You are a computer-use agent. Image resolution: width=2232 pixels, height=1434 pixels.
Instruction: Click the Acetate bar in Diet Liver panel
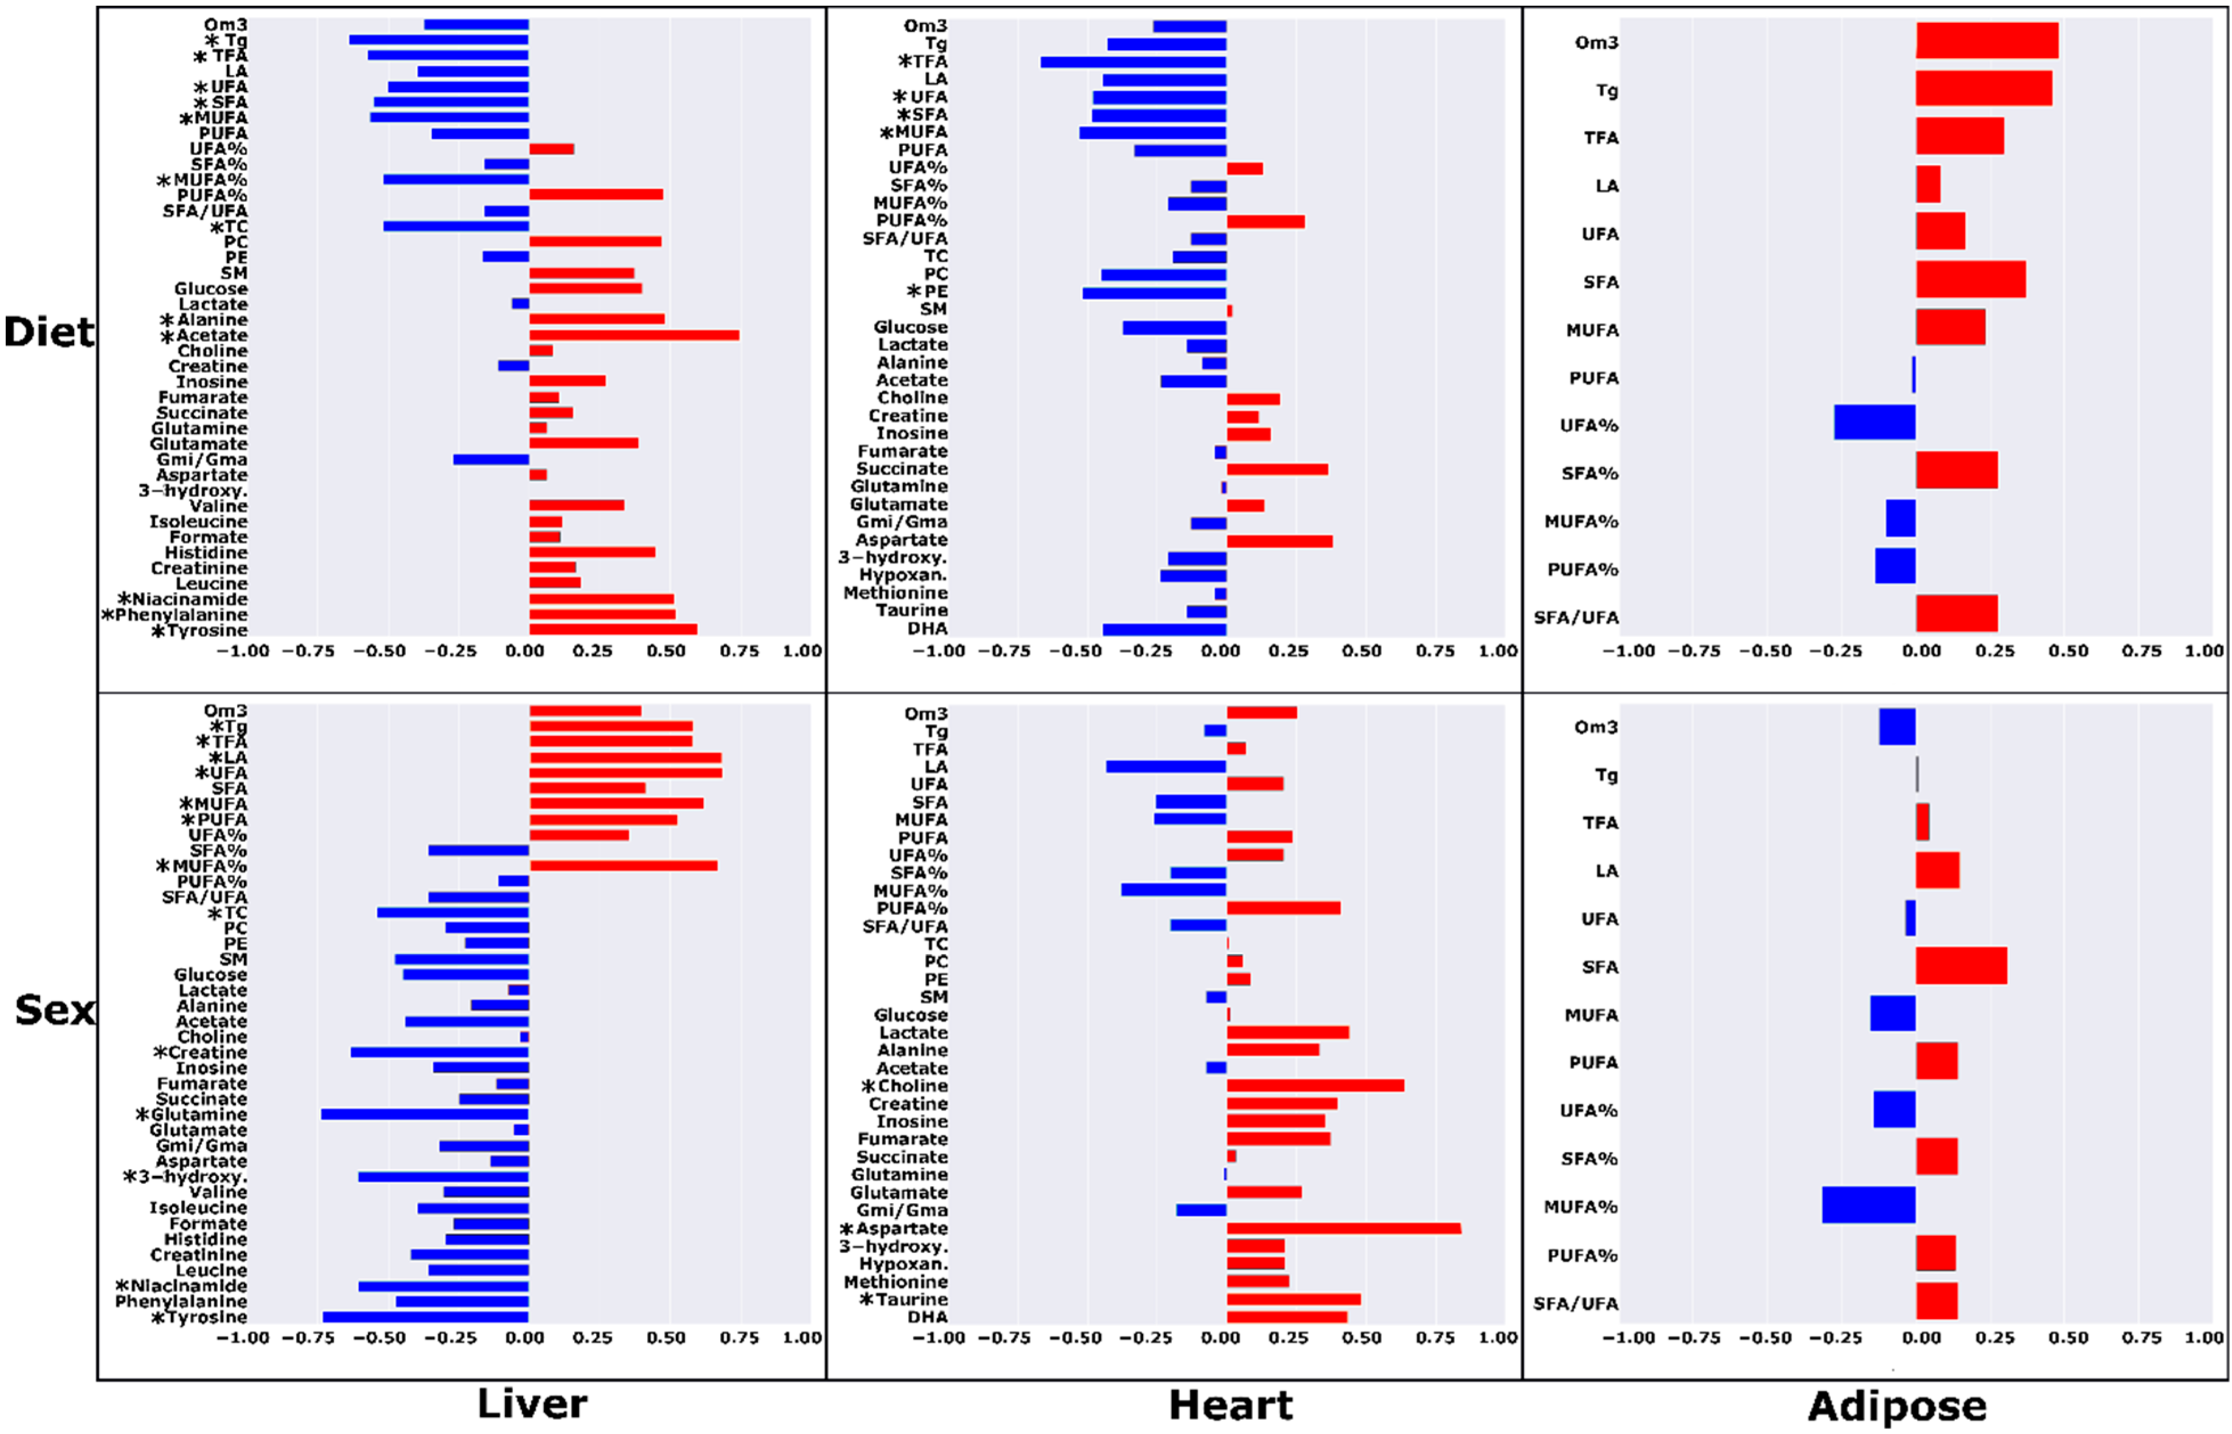click(633, 335)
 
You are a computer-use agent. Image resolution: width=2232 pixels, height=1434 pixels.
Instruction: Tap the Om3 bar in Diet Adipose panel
click(1986, 41)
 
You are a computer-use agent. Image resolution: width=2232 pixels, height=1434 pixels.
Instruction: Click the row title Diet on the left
click(48, 332)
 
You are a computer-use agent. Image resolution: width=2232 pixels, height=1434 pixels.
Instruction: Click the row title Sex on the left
click(54, 1010)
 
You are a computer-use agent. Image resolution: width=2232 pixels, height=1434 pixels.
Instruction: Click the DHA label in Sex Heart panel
click(928, 1317)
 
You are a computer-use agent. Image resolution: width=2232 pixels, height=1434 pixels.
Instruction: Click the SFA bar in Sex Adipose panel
click(1960, 966)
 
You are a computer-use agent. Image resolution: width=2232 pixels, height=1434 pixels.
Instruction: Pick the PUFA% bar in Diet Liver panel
click(596, 195)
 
